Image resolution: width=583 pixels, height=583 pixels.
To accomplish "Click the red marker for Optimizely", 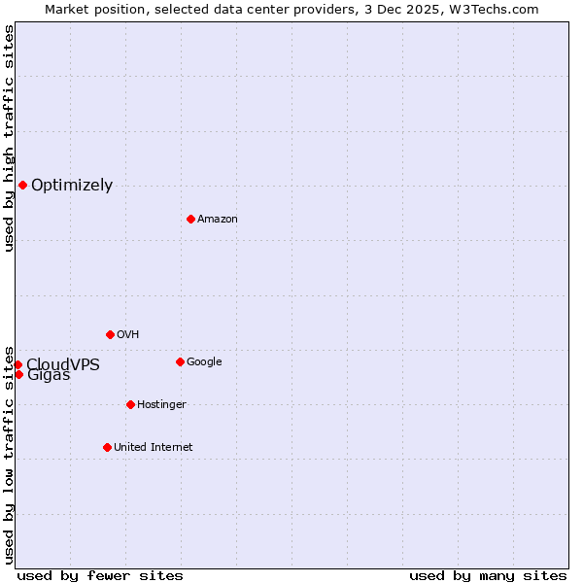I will (22, 185).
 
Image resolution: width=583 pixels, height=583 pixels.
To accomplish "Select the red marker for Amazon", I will (190, 219).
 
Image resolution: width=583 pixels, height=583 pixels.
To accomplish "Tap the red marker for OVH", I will (110, 334).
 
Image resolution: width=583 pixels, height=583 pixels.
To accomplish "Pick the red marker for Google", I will (180, 361).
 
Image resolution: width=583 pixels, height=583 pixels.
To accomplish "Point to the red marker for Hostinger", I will (130, 404).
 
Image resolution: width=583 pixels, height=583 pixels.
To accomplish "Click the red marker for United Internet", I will (107, 447).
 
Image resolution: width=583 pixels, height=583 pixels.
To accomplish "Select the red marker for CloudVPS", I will (17, 364).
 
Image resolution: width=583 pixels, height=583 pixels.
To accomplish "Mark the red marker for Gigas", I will (18, 374).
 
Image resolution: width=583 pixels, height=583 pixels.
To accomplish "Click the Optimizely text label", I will (72, 186).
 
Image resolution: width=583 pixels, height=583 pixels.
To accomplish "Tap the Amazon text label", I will (217, 220).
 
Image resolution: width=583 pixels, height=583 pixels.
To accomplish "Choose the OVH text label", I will (127, 335).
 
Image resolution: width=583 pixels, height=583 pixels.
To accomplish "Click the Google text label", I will (204, 362).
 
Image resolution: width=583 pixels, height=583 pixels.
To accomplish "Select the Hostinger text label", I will (161, 405).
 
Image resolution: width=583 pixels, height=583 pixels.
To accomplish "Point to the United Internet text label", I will (153, 448).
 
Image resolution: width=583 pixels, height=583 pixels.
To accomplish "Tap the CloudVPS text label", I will (63, 364).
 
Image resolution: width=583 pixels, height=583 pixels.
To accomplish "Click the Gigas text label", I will (49, 376).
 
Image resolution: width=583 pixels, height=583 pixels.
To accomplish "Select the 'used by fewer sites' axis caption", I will (100, 576).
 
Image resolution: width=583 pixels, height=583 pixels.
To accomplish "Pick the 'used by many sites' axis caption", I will (488, 576).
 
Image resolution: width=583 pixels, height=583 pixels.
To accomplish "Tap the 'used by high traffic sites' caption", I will (9, 138).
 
